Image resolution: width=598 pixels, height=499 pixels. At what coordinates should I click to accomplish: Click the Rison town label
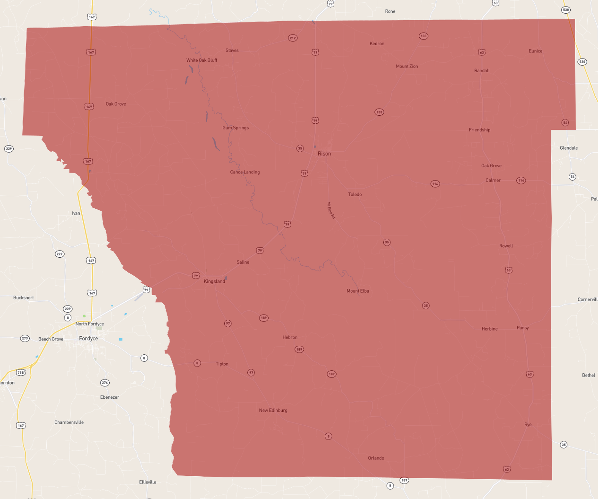324,154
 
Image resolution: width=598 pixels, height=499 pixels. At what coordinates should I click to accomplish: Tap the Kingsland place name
214,281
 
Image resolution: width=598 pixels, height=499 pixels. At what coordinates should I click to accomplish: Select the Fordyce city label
88,338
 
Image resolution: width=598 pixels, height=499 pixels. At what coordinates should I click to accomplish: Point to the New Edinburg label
273,410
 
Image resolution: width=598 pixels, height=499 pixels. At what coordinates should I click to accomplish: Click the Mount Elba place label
357,291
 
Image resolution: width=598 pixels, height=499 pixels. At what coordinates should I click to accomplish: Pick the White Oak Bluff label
201,60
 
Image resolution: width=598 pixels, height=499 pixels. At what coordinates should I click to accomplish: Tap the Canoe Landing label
245,172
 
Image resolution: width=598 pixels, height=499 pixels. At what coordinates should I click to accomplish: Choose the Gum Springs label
235,128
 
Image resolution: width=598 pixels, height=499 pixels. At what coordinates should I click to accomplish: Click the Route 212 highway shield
293,38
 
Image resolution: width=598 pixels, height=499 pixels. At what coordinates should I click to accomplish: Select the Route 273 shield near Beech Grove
25,338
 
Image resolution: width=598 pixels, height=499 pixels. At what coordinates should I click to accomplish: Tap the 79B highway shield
21,372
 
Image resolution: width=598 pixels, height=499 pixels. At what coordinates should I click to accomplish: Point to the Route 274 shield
105,383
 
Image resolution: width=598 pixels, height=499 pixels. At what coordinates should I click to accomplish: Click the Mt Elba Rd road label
331,210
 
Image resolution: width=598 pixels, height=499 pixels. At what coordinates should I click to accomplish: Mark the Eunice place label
535,51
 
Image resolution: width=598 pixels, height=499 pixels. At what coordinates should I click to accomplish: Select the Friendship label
479,130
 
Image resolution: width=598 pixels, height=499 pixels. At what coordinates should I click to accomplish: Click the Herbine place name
489,329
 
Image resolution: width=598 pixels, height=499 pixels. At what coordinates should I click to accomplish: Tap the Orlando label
376,458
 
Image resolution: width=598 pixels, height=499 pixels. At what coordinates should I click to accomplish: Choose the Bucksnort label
24,298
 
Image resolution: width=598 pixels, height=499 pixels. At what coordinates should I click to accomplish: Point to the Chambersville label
69,422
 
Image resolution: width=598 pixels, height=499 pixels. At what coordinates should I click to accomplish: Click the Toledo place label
355,195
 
